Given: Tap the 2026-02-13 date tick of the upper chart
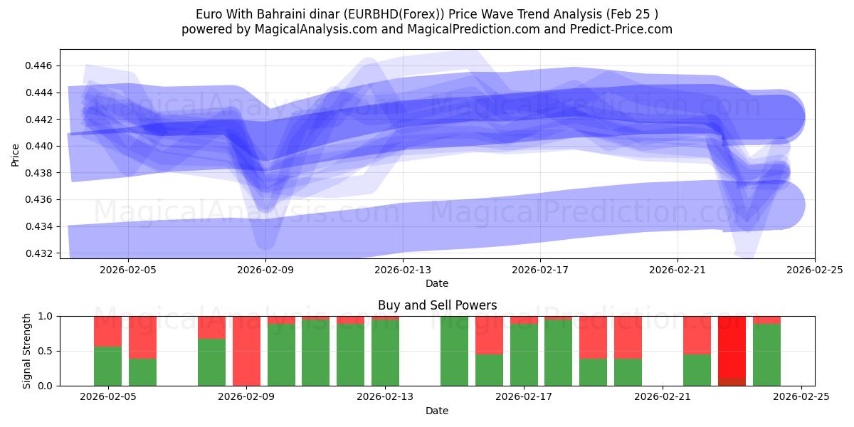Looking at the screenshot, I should (403, 270).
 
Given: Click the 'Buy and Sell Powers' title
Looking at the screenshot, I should (437, 305).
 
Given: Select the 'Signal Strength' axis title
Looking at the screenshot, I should (26, 351).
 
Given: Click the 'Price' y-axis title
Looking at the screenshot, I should (16, 154).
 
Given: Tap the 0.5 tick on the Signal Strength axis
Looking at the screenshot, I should (46, 351).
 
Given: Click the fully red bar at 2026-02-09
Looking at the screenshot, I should (246, 351).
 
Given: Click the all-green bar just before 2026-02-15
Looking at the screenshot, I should (454, 351).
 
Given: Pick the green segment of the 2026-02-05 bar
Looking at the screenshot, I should (107, 367).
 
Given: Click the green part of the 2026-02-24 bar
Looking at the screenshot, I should (766, 356).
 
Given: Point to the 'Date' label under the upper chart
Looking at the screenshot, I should (437, 283).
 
